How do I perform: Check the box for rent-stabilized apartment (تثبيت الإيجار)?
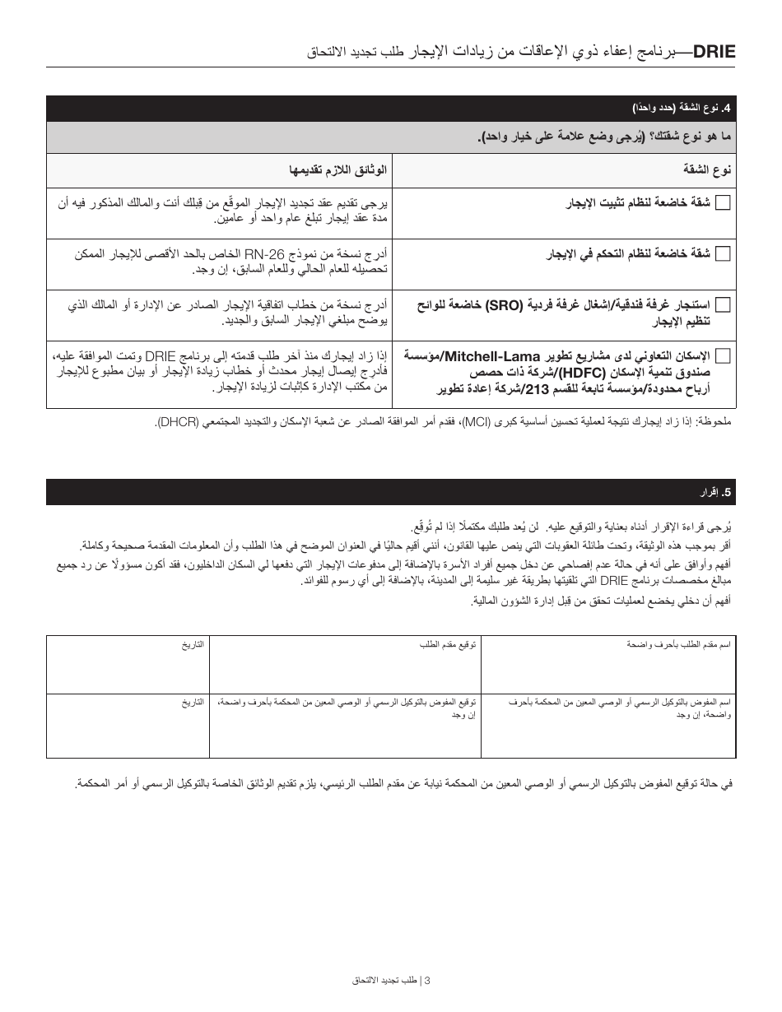click(x=723, y=203)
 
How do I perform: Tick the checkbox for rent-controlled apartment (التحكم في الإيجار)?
click(x=723, y=254)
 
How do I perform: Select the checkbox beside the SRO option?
click(x=723, y=305)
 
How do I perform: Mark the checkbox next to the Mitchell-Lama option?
click(x=723, y=356)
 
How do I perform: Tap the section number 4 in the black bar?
click(x=726, y=109)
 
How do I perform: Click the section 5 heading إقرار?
click(x=708, y=493)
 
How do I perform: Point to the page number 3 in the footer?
click(x=427, y=980)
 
